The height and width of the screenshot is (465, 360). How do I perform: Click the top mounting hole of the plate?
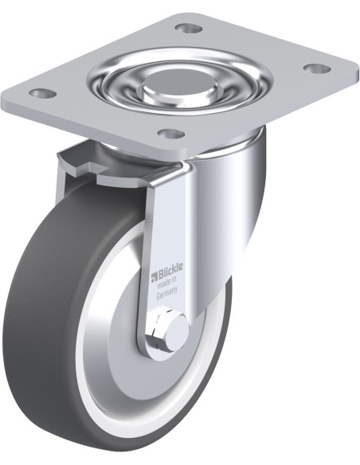click(x=189, y=29)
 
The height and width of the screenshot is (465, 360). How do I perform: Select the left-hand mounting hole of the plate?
click(x=42, y=93)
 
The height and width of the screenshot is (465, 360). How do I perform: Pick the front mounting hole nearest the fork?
click(x=171, y=134)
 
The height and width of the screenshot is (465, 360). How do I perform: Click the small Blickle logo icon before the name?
click(x=154, y=277)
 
